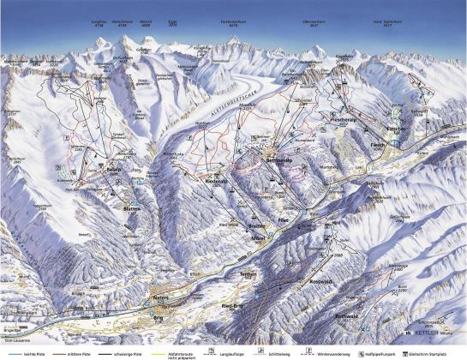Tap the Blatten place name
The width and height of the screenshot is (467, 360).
click(x=129, y=208)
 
